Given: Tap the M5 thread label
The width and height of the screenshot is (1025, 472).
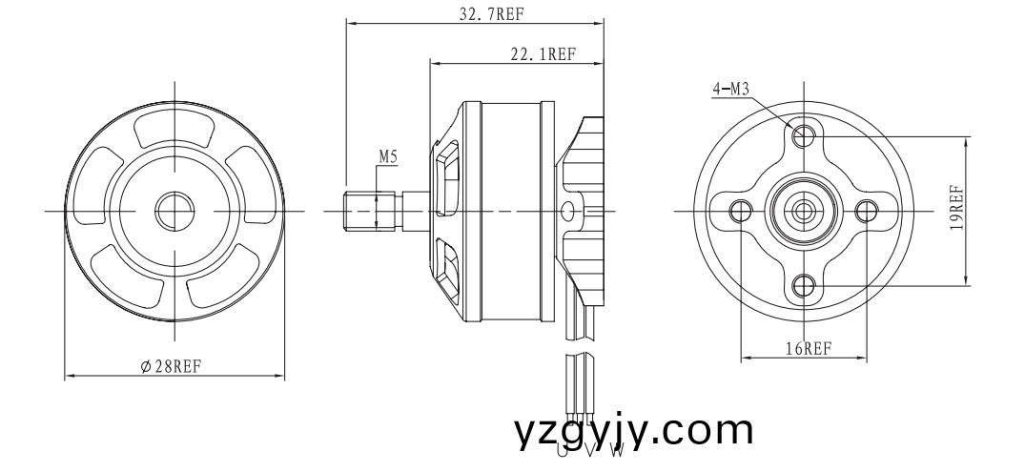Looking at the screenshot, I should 388,154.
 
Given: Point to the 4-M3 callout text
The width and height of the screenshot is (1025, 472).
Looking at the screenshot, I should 731,90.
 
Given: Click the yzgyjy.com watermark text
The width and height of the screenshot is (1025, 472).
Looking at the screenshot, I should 633,431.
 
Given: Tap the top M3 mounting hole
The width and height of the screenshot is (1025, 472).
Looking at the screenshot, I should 804,134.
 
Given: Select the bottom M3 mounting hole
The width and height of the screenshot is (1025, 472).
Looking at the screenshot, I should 804,283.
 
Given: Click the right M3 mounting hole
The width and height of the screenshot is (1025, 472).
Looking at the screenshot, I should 866,210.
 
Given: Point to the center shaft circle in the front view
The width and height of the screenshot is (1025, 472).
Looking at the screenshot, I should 174,209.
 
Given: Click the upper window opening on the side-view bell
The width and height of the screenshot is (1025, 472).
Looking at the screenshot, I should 446,172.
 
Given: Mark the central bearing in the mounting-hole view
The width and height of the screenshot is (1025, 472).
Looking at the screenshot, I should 804,209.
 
